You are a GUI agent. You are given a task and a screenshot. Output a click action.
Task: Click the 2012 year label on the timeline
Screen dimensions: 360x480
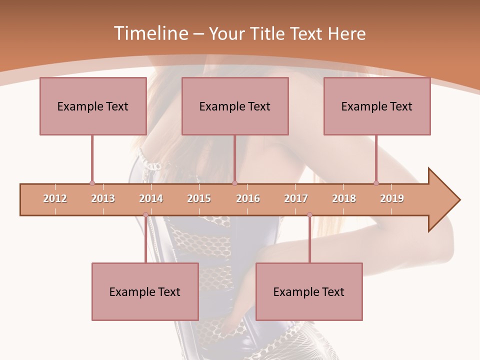[55, 198]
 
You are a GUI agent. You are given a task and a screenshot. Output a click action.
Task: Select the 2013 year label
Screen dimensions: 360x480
[103, 198]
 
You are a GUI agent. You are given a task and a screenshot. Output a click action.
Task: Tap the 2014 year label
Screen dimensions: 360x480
[151, 198]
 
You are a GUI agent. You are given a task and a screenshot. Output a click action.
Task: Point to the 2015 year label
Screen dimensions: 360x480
[199, 198]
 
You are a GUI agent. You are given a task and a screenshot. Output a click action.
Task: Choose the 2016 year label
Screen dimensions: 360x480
[248, 198]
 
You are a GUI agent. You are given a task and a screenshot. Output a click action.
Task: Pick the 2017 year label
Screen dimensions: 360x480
[296, 198]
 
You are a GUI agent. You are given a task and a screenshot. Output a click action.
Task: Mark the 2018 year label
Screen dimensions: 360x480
[344, 198]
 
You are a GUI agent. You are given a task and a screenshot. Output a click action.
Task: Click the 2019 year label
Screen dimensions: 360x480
[392, 198]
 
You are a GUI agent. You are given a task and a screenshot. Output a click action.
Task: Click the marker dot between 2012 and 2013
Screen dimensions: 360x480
[92, 183]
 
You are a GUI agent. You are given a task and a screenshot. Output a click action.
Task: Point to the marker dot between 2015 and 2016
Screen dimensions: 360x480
[234, 183]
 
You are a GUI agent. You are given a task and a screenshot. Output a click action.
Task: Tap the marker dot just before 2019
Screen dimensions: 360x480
[376, 183]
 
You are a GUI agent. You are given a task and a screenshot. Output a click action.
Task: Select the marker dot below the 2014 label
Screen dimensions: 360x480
[145, 215]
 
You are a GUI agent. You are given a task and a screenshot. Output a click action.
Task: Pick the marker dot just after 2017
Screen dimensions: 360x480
[309, 215]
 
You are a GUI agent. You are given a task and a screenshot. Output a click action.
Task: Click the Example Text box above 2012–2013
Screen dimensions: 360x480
[93, 106]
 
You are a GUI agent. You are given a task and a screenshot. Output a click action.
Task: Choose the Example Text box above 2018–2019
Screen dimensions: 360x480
[377, 106]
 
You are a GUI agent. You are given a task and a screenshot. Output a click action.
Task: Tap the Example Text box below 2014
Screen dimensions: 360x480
[145, 291]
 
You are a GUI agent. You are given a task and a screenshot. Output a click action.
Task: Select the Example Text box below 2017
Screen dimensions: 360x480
[309, 291]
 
